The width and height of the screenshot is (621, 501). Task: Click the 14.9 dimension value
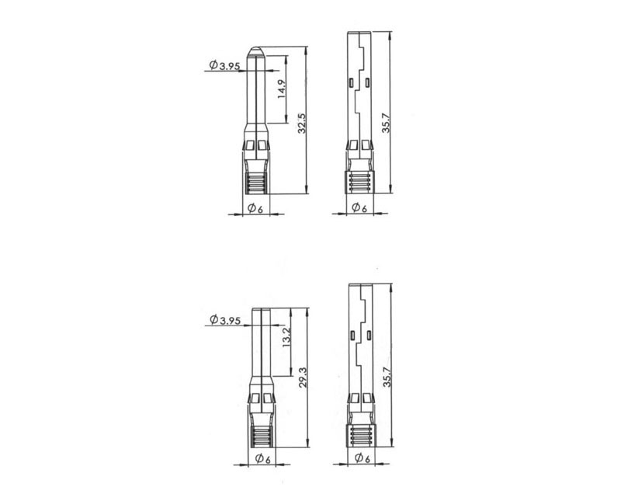pyautogui.click(x=281, y=89)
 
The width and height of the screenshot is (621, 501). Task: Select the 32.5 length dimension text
pyautogui.click(x=302, y=124)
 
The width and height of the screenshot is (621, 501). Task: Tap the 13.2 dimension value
pyautogui.click(x=287, y=337)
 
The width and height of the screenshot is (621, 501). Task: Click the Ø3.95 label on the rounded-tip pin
pyautogui.click(x=224, y=65)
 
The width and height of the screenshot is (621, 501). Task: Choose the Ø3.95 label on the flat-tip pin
pyautogui.click(x=225, y=319)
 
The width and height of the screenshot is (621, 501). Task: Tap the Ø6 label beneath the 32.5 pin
pyautogui.click(x=255, y=208)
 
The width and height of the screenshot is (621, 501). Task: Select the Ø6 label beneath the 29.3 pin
pyautogui.click(x=263, y=458)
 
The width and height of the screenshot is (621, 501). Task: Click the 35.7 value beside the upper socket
pyautogui.click(x=386, y=123)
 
